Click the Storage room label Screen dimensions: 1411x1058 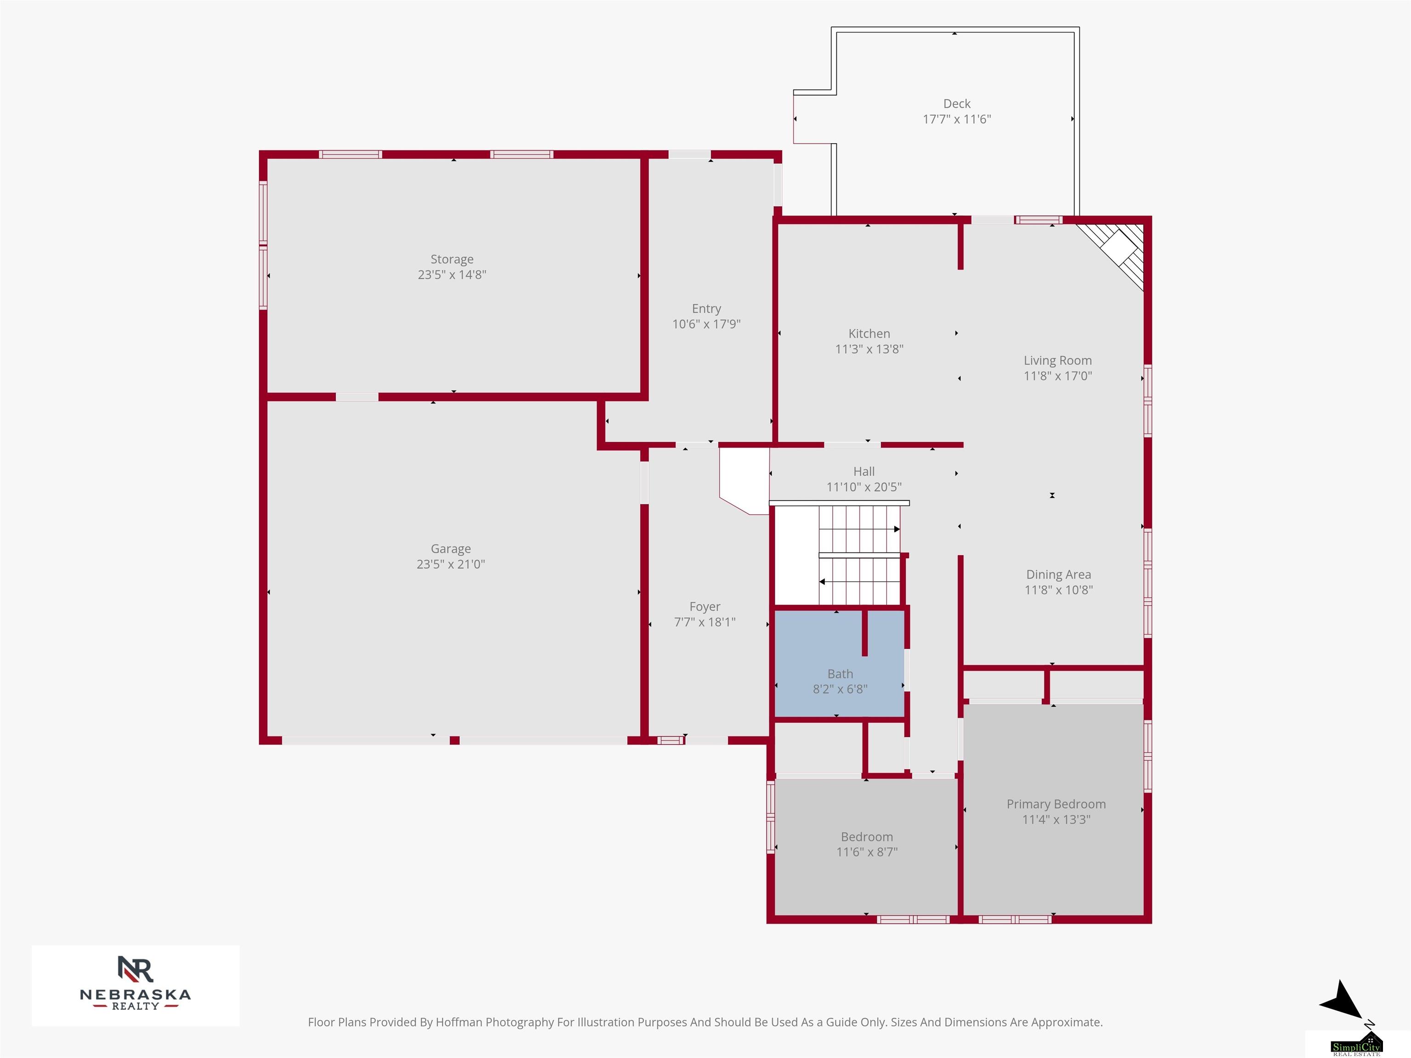point(452,259)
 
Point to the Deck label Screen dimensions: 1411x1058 point(957,103)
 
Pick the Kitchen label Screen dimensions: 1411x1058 point(869,333)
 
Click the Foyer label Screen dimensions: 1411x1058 point(705,607)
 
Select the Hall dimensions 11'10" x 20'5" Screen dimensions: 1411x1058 point(864,487)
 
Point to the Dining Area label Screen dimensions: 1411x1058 point(1058,574)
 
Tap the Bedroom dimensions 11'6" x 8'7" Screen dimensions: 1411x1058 point(867,852)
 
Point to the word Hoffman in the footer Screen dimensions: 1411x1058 point(459,1022)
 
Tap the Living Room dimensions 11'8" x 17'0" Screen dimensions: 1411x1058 point(1058,376)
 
